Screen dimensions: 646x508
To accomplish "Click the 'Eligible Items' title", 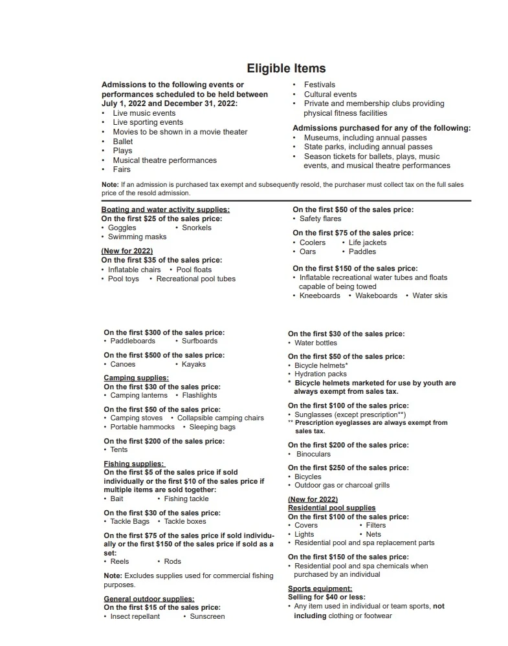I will [286, 69].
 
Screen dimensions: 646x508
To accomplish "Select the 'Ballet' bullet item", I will [122, 142].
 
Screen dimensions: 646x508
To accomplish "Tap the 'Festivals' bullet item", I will [320, 85].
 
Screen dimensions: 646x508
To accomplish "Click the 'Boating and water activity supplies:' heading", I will [165, 210].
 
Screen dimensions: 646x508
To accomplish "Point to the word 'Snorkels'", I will [196, 228].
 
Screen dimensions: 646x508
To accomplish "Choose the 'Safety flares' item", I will [320, 219].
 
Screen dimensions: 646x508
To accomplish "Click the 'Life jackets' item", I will [368, 242].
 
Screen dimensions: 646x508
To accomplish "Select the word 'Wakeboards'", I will [376, 296].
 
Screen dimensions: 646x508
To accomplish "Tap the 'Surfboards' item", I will [199, 341].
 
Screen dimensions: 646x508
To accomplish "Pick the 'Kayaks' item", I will [193, 364].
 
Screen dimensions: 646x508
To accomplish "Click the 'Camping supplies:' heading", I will [136, 378].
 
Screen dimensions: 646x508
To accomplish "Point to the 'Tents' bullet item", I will [119, 449].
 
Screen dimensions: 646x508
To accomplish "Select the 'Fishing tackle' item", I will [186, 499].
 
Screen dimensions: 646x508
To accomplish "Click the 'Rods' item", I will [173, 561].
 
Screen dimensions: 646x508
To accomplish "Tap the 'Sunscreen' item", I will [207, 616].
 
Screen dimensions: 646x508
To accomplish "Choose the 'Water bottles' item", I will [316, 343].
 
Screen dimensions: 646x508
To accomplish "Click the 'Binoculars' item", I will [313, 454].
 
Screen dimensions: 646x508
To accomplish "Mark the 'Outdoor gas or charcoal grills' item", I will [342, 485].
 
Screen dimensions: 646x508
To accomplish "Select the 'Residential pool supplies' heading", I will [331, 508].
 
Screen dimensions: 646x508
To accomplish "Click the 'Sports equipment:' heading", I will [320, 588].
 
